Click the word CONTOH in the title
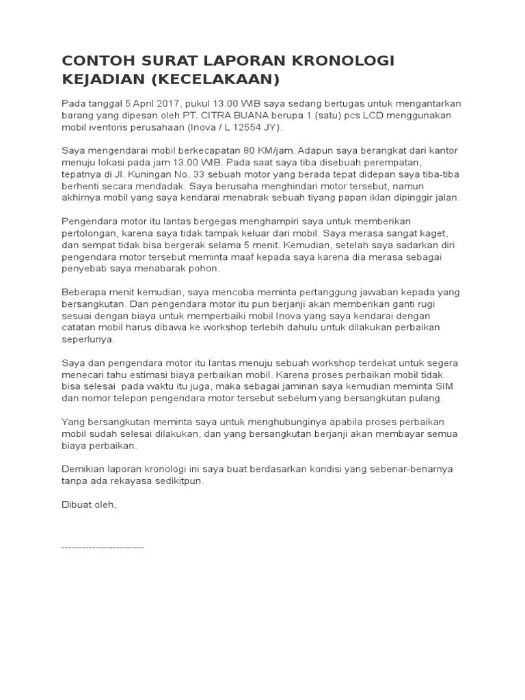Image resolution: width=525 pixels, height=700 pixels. (x=96, y=62)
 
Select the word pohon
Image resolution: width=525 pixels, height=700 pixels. (x=202, y=269)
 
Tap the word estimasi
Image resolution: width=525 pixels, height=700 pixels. (x=157, y=375)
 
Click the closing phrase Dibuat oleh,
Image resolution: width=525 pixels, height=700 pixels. (x=90, y=504)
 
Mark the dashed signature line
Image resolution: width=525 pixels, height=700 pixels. (x=103, y=548)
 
